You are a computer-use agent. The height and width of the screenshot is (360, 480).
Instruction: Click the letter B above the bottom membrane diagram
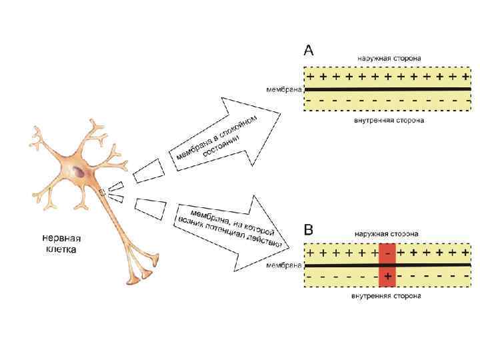tap(309, 231)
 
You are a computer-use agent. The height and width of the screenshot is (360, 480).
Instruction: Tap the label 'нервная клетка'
tap(61, 243)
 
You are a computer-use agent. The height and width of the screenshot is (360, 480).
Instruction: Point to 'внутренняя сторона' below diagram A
tap(388, 121)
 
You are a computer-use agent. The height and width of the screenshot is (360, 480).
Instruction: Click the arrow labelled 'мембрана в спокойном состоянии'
tap(227, 133)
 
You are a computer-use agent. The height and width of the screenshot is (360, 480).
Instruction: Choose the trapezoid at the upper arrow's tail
tap(147, 170)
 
